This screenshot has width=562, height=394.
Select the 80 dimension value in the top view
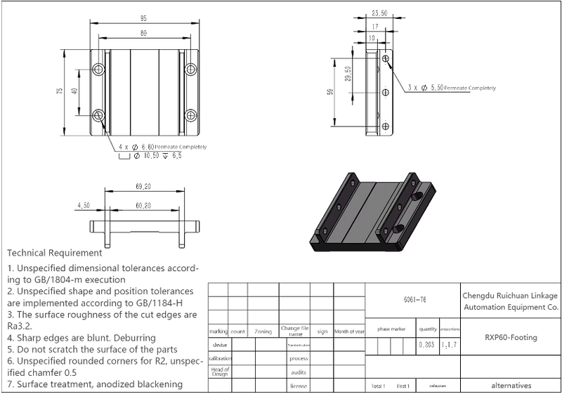143,33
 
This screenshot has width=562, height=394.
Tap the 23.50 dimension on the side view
379,13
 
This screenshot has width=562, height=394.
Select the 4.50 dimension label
84,206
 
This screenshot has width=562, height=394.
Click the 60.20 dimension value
144,206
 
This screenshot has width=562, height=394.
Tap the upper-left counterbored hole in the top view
98,69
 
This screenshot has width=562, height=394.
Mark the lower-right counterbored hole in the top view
190,114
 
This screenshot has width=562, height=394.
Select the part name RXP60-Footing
510,337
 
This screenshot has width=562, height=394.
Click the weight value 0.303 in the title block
426,345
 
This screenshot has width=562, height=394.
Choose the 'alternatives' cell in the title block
510,386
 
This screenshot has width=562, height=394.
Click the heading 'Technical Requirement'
55,252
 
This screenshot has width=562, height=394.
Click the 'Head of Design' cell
220,372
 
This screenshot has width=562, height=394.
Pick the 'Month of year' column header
349,331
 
